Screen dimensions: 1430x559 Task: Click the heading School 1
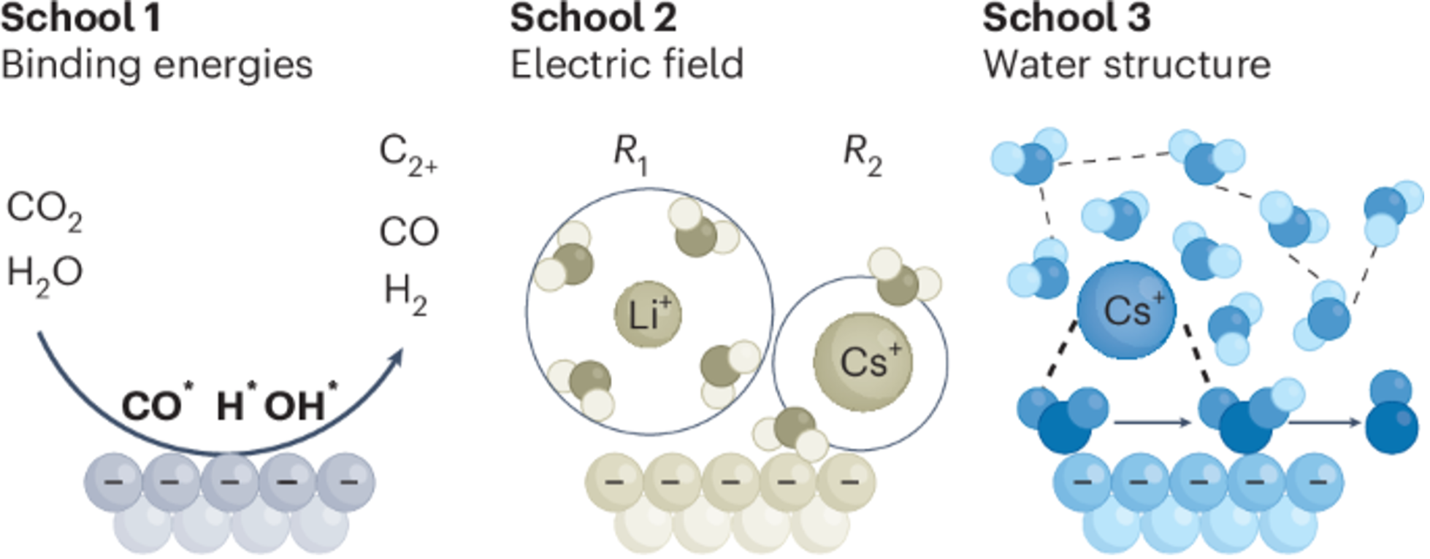80,18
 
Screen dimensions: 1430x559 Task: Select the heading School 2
593,18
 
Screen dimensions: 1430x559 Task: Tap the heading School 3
1066,18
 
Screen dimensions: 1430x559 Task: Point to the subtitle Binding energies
157,65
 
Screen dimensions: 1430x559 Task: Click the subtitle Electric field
627,65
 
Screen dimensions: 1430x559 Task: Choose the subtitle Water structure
1126,65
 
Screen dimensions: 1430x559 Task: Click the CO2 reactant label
44,210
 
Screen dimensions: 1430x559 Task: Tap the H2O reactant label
44,274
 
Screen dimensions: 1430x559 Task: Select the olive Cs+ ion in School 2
863,362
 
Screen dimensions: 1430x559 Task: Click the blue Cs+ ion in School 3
1126,310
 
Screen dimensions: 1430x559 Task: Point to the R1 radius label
630,154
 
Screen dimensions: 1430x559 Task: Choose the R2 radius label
862,154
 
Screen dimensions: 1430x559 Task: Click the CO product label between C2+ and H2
408,232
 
